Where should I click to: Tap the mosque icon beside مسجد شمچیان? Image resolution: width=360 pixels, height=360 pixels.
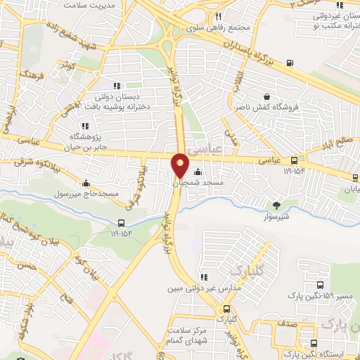[x=198, y=172]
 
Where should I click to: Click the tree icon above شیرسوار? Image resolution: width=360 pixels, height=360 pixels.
[x=276, y=206]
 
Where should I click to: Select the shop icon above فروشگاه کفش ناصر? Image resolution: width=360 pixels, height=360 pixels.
[x=266, y=97]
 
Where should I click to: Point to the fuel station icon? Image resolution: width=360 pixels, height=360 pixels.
[x=290, y=65]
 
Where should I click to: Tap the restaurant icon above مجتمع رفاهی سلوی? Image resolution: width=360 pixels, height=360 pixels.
[x=219, y=16]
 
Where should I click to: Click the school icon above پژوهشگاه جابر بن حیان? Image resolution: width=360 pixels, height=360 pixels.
[x=85, y=126]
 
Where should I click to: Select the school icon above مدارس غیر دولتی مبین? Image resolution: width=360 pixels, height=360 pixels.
[x=205, y=278]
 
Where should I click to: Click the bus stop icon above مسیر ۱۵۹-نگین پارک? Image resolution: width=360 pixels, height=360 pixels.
[x=321, y=285]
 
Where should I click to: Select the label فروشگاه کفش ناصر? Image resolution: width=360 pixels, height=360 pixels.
[x=267, y=108]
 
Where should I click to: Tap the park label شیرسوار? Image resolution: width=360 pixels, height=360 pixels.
[x=276, y=216]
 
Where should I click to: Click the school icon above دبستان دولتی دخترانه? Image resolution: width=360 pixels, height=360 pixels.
[x=116, y=86]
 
